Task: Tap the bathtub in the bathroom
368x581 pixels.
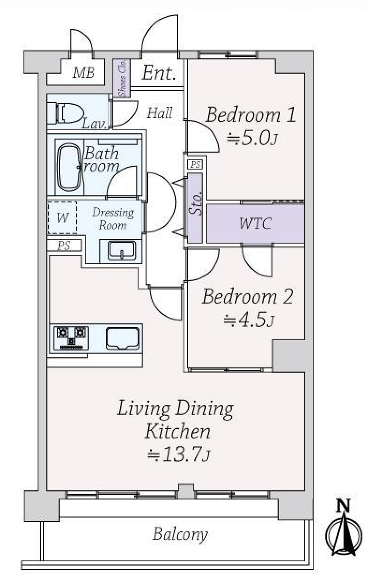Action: point(69,167)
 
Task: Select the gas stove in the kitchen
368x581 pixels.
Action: point(71,338)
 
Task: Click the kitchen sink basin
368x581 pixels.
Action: point(123,338)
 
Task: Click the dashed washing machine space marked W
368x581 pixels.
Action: point(62,217)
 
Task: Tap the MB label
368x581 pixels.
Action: point(83,73)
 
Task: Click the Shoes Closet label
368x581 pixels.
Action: point(122,78)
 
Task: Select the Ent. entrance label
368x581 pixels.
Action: point(159,73)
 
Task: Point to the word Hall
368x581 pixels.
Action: point(160,113)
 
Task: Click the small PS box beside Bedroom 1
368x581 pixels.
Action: point(195,164)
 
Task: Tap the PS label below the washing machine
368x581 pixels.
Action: point(64,246)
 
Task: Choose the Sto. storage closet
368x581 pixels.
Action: point(195,208)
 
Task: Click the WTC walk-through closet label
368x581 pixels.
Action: point(256,223)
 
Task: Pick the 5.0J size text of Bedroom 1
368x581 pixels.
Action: point(252,139)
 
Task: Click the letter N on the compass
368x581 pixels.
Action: point(343,505)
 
